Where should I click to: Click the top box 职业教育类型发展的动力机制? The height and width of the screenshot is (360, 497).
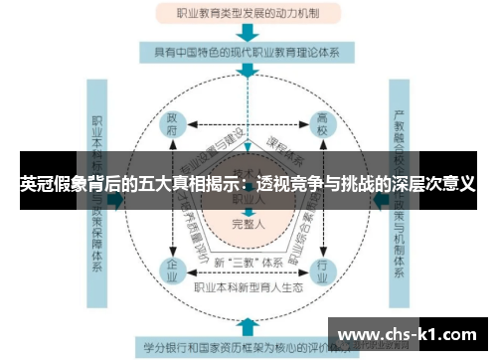click(248, 14)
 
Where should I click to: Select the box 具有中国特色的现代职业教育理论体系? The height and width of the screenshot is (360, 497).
click(248, 51)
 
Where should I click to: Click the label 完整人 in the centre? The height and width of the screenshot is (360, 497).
click(248, 224)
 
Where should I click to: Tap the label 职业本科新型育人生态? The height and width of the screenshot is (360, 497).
click(248, 289)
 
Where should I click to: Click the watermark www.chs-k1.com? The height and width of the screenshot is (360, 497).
click(414, 334)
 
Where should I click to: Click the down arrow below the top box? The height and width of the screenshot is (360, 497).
click(248, 32)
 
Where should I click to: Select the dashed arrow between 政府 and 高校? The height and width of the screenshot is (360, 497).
click(248, 124)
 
